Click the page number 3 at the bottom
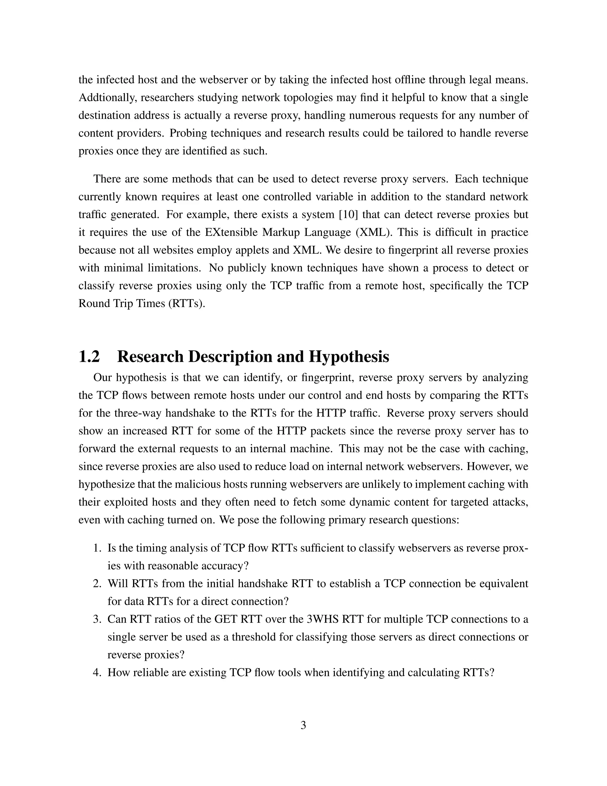pyautogui.click(x=303, y=725)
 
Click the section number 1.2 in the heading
pyautogui.click(x=89, y=357)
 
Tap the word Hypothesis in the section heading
pyautogui.click(x=349, y=357)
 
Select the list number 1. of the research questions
pyautogui.click(x=98, y=548)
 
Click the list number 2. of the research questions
pyautogui.click(x=98, y=583)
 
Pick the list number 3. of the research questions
pyautogui.click(x=98, y=619)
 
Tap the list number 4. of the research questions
pyautogui.click(x=98, y=672)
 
